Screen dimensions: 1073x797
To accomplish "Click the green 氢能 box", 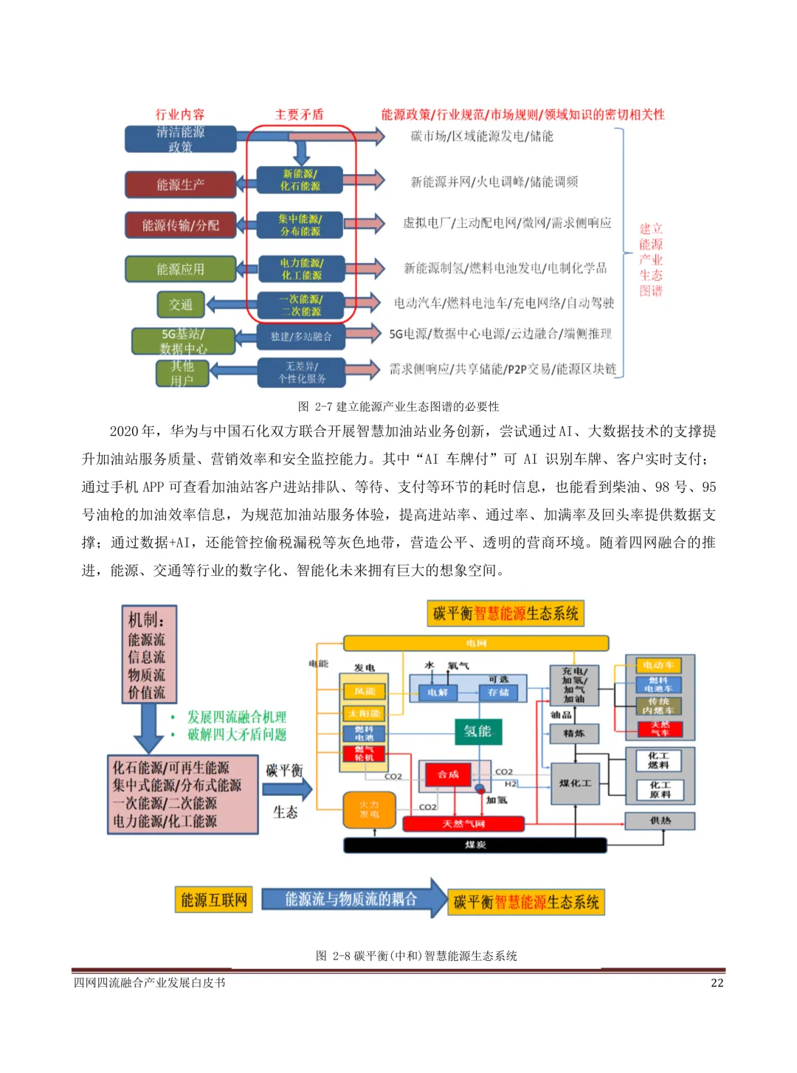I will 477,731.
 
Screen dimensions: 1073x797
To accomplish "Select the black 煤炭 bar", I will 475,845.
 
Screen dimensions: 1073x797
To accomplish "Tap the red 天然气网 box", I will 463,824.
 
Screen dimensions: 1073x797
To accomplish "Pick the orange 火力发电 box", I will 369,810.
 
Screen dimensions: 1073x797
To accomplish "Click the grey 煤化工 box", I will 574,783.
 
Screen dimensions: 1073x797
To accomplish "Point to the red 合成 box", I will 448,774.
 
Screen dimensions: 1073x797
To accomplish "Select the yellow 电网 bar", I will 476,644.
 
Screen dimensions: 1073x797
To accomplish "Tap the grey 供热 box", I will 660,820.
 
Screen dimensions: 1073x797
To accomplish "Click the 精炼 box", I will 574,733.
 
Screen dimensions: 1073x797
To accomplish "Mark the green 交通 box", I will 180,305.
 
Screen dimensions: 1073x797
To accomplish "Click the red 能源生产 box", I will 180,184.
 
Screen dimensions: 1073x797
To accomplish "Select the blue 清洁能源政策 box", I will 180,139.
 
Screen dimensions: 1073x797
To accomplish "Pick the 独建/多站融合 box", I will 301,336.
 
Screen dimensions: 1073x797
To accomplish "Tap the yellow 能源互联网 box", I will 214,900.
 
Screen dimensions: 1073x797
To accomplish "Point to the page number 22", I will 717,983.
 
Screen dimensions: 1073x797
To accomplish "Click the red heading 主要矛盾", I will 299,114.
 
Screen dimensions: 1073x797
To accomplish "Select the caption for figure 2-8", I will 416,956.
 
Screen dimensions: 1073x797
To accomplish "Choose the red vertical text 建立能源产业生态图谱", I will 651,260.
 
